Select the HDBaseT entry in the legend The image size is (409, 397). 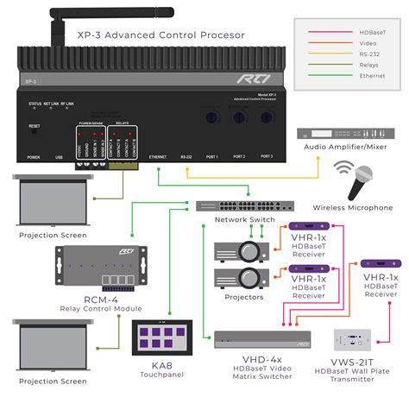373,32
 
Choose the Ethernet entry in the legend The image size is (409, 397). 372,76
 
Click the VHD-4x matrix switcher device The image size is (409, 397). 262,338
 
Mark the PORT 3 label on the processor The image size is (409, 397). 266,157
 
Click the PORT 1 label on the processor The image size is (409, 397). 211,157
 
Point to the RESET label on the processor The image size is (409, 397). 35,126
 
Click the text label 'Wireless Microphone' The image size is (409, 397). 352,208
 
